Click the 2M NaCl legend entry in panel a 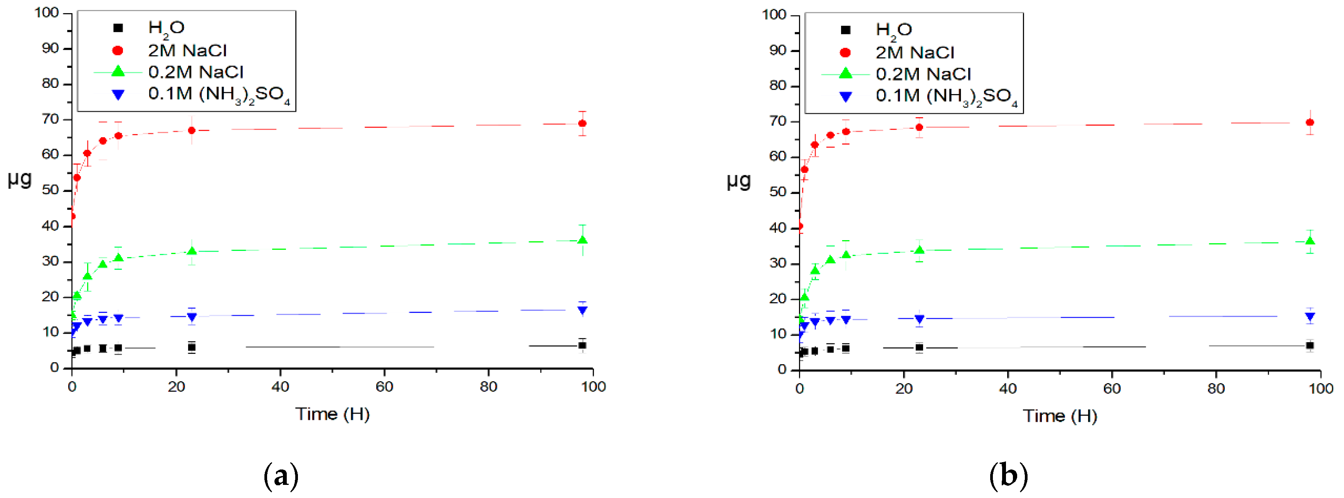pyautogui.click(x=187, y=50)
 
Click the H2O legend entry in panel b pyautogui.click(x=893, y=30)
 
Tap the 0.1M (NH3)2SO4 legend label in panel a pyautogui.click(x=219, y=94)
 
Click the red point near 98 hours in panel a pyautogui.click(x=582, y=124)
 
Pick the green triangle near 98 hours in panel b pyautogui.click(x=1310, y=241)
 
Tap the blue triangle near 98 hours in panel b pyautogui.click(x=1310, y=316)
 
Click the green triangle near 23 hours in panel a pyautogui.click(x=192, y=252)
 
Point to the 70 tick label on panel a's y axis pyautogui.click(x=50, y=119)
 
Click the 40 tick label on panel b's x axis pyautogui.click(x=1008, y=389)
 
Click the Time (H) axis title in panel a pyautogui.click(x=332, y=414)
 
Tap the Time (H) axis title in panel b pyautogui.click(x=1060, y=416)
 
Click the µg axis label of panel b pyautogui.click(x=738, y=181)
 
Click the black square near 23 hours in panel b pyautogui.click(x=919, y=347)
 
